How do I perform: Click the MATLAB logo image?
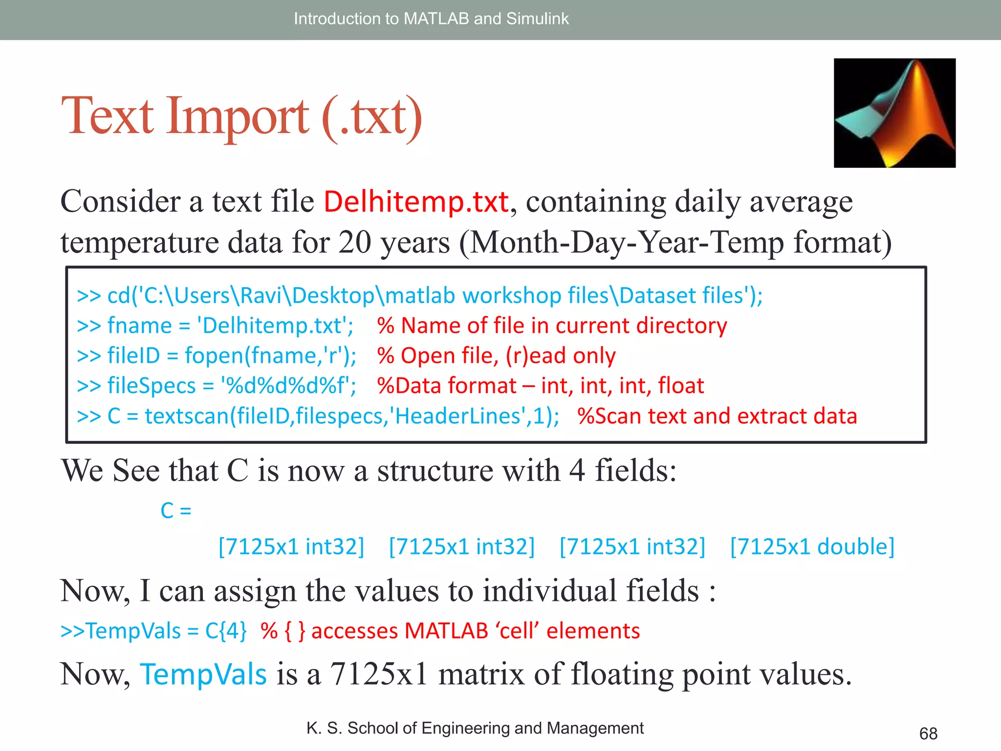[x=894, y=113]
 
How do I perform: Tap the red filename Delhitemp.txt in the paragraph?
[x=416, y=201]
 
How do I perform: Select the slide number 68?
[x=928, y=733]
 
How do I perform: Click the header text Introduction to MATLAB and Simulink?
[x=431, y=19]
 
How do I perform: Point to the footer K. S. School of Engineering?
[x=474, y=728]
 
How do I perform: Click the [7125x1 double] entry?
[x=812, y=546]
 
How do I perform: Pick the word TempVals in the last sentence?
[x=203, y=674]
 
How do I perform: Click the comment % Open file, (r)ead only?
[x=496, y=355]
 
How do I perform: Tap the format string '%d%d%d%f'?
[x=288, y=386]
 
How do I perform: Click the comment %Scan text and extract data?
[x=717, y=416]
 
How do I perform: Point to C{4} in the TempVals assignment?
[x=226, y=631]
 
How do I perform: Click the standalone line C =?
[x=175, y=511]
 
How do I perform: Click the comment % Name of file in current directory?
[x=552, y=326]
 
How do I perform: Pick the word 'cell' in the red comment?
[x=518, y=631]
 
